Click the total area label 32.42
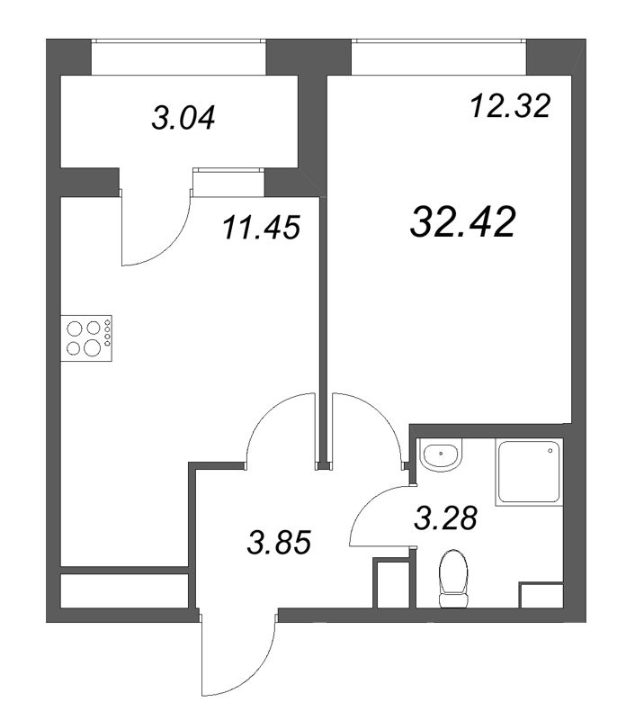click(462, 221)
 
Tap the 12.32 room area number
click(508, 107)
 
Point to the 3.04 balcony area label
click(183, 118)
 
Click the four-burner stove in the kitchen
click(86, 337)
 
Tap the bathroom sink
click(441, 457)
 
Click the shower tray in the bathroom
click(528, 473)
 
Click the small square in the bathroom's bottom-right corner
click(542, 595)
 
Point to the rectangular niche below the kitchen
click(124, 590)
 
